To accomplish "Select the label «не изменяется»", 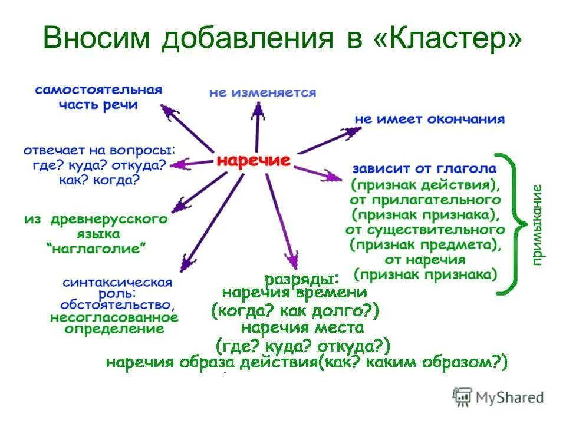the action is coord(262,93).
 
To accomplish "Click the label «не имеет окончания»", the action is coord(429,120).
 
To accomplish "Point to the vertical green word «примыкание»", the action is coord(537,224).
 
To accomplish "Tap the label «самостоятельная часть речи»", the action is coord(98,98).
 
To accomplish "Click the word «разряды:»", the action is coord(301,278).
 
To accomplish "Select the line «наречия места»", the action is coord(302,327).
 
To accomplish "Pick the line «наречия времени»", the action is coord(295,293).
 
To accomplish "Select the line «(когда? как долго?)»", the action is coord(295,310).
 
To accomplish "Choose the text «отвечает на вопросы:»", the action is coord(99,151).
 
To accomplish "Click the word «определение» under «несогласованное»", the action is coord(114,329).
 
